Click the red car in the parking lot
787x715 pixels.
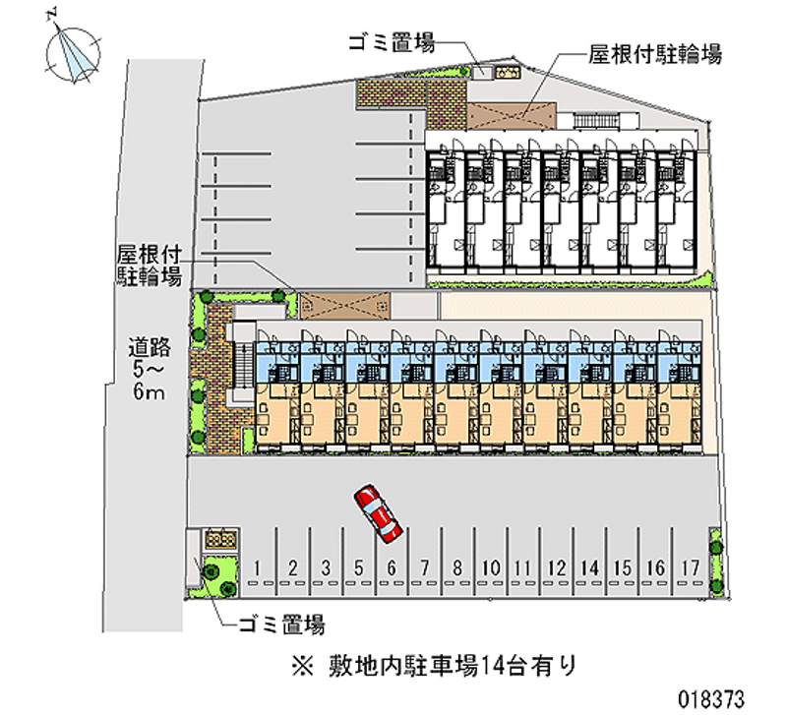pyautogui.click(x=378, y=512)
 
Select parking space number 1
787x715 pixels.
pyautogui.click(x=258, y=567)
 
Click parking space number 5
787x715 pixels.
pyautogui.click(x=359, y=567)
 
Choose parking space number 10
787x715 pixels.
pyautogui.click(x=491, y=567)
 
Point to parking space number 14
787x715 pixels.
pyautogui.click(x=589, y=567)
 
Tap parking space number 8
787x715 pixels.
pyautogui.click(x=457, y=567)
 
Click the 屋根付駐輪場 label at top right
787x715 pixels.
pyautogui.click(x=655, y=54)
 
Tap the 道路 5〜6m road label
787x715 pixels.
pyautogui.click(x=151, y=370)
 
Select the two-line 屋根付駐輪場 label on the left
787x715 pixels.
pyautogui.click(x=150, y=266)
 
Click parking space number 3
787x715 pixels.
pyautogui.click(x=326, y=567)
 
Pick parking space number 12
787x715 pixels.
pyautogui.click(x=556, y=567)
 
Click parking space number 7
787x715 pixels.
pyautogui.click(x=424, y=567)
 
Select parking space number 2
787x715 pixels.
pyautogui.click(x=292, y=567)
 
